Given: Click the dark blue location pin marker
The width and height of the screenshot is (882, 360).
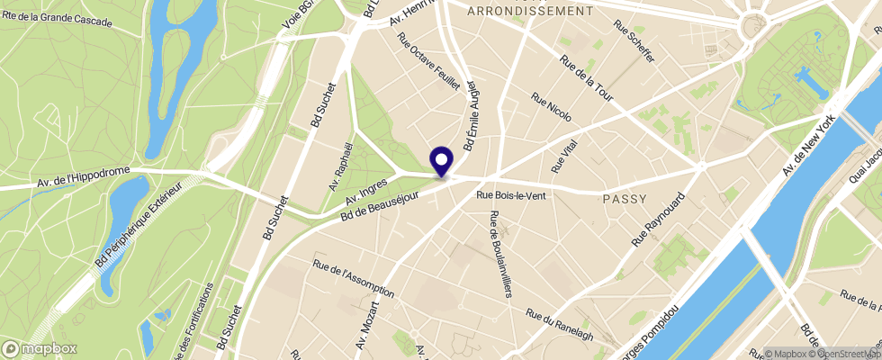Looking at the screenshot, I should pyautogui.click(x=442, y=161).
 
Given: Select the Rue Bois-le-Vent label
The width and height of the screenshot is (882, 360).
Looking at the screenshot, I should pyautogui.click(x=511, y=194).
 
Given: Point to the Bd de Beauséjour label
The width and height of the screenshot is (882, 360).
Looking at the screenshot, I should pyautogui.click(x=382, y=200).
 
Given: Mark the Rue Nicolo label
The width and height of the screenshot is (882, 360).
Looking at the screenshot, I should pyautogui.click(x=552, y=108).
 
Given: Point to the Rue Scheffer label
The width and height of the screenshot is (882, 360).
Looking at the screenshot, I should pyautogui.click(x=634, y=41).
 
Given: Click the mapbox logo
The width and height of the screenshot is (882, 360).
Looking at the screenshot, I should pyautogui.click(x=40, y=348).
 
